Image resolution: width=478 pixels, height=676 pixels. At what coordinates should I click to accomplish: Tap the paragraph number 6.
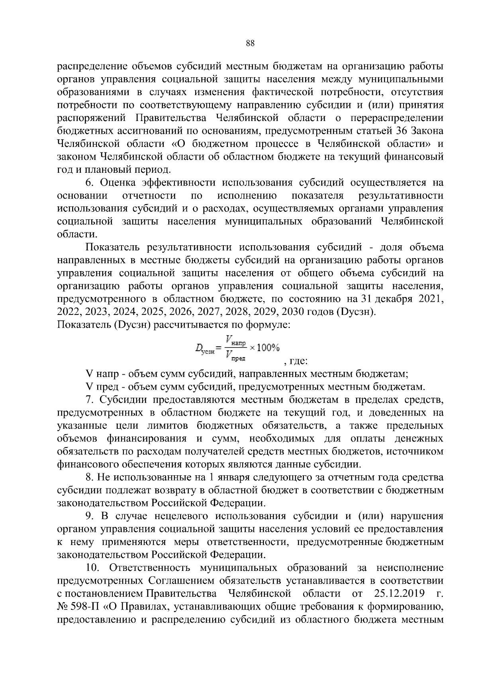(x=89, y=183)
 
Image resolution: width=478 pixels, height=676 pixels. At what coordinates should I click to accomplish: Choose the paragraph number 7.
(x=89, y=400)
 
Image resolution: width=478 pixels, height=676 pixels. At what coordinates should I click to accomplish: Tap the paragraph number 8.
(x=89, y=477)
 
